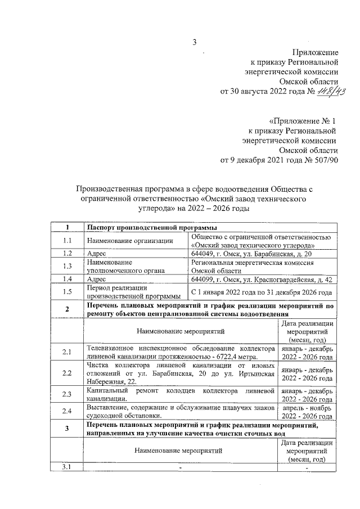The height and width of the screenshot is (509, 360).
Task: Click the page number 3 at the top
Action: [x=195, y=42]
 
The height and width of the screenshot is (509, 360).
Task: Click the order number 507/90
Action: [x=323, y=160]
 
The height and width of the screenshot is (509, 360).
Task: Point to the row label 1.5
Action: [x=67, y=291]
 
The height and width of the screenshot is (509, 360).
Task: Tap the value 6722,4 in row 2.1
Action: [x=220, y=357]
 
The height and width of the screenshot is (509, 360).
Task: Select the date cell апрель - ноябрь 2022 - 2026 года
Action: [x=307, y=410]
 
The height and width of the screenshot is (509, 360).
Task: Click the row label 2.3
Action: [x=67, y=394]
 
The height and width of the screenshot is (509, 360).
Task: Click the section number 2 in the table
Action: [x=67, y=309]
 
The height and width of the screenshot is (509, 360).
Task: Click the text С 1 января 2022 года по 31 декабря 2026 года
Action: [x=261, y=291]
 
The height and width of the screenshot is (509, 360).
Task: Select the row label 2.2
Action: [x=67, y=373]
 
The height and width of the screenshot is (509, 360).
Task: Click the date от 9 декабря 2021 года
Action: [x=259, y=160]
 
